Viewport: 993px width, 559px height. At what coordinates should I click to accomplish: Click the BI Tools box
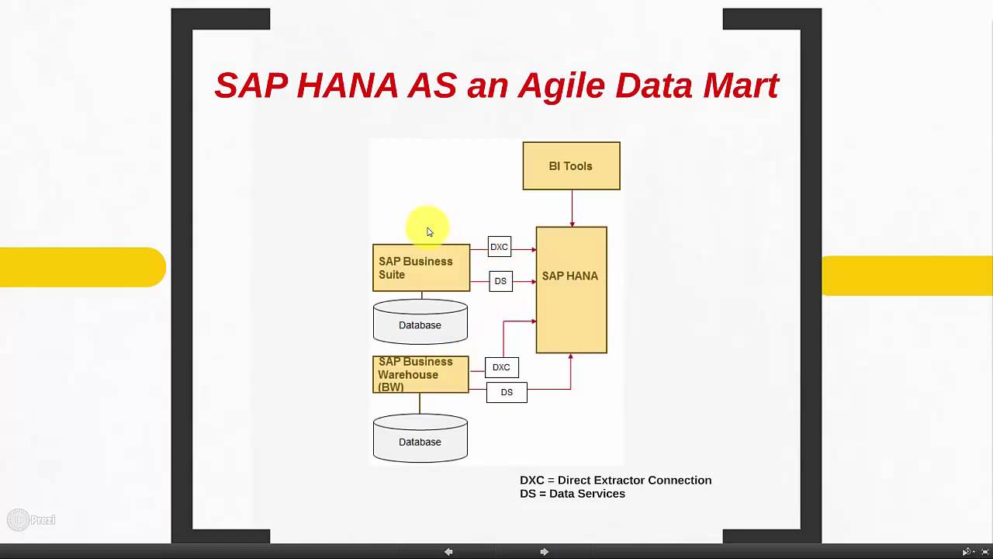[571, 166]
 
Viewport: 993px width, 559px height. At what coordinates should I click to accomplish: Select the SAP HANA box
[571, 290]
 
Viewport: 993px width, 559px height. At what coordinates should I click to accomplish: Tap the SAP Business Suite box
[421, 268]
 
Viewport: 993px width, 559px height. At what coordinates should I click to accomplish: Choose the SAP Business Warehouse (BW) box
[420, 374]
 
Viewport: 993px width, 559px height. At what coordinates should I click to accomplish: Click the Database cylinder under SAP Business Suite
[420, 323]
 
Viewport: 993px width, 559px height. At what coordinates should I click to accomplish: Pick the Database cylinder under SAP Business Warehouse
[420, 439]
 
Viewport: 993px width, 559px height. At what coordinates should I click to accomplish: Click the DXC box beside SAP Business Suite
[499, 247]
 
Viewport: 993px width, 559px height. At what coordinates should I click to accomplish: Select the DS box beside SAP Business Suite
[500, 281]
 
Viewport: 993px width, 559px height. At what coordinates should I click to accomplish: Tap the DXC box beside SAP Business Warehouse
[501, 367]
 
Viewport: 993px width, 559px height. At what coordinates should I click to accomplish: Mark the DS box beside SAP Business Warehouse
[507, 392]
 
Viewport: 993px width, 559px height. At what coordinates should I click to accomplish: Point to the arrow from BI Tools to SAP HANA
[572, 208]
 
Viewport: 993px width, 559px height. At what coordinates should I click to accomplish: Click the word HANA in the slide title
[347, 85]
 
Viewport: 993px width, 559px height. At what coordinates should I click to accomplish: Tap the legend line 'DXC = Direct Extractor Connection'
[615, 481]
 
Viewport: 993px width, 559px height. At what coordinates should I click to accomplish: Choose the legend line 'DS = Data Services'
[572, 494]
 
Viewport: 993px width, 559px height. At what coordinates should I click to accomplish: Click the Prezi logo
[31, 519]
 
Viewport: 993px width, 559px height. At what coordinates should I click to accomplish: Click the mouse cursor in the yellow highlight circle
[430, 232]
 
